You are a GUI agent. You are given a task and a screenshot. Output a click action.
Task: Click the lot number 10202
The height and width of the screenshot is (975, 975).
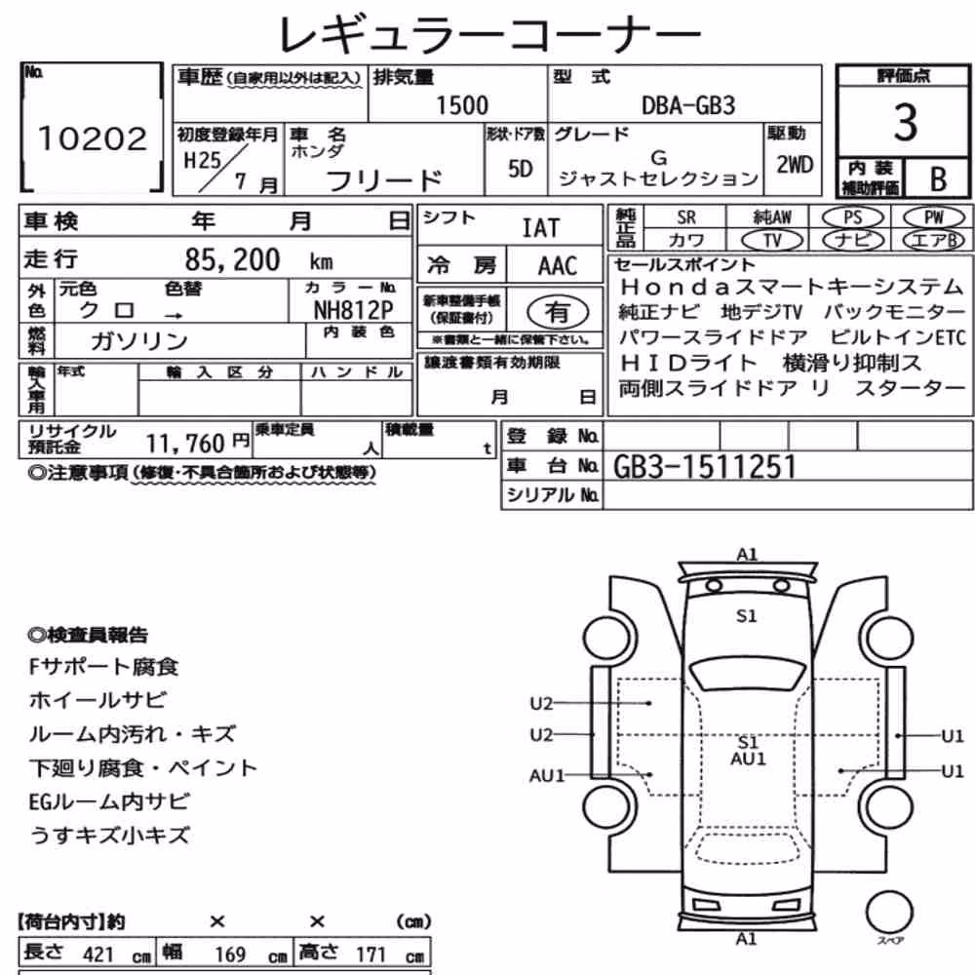click(93, 138)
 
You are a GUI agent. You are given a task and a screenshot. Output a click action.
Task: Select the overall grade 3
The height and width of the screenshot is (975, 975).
click(905, 122)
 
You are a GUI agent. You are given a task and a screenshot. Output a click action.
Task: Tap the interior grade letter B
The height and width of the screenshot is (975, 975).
click(938, 179)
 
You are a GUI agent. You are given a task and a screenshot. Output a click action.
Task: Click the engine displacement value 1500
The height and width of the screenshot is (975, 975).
click(462, 105)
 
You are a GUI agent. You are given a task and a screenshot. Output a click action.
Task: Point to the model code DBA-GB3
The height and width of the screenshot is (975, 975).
click(687, 105)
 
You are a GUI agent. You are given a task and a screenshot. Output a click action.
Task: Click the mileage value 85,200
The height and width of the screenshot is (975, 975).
click(233, 260)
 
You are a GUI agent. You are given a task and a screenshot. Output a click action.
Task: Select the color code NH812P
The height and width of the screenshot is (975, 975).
click(353, 310)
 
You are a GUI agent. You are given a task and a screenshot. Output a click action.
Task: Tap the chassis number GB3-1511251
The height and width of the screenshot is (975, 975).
click(705, 467)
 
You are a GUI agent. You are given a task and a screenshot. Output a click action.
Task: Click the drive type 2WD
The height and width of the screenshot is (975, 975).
click(795, 165)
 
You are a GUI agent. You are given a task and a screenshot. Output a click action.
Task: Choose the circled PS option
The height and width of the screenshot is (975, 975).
click(852, 217)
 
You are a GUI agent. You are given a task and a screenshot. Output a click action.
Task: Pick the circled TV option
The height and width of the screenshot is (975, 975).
click(772, 240)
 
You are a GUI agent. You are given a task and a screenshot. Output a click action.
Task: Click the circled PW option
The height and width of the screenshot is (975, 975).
click(933, 217)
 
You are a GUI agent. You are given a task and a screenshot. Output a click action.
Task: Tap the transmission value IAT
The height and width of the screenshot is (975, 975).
click(540, 228)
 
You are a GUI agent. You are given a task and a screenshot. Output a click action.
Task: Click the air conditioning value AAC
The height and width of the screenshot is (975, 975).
click(557, 265)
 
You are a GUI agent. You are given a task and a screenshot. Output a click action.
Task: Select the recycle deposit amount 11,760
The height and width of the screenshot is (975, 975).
click(184, 444)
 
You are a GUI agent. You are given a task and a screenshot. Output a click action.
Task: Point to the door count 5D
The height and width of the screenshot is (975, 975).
click(520, 169)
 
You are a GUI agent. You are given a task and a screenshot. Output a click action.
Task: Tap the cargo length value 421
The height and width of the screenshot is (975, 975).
click(98, 955)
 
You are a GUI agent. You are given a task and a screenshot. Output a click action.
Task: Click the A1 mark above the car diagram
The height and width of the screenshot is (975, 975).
click(747, 554)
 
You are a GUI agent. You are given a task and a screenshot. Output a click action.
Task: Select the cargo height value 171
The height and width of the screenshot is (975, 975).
click(371, 955)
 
